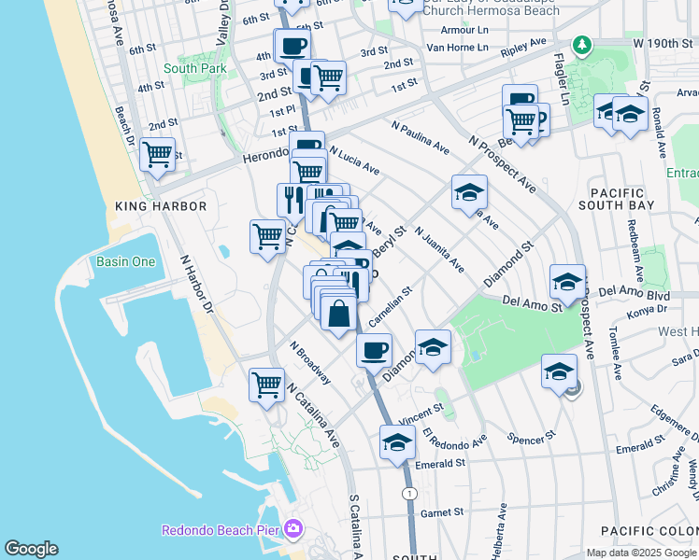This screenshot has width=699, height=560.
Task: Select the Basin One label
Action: (125, 261)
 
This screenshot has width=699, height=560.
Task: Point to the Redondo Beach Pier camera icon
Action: (294, 529)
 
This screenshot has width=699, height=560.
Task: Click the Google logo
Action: (31, 549)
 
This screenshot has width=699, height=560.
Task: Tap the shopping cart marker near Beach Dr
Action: (157, 154)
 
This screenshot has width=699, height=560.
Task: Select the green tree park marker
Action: (582, 44)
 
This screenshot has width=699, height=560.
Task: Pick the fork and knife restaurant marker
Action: (292, 199)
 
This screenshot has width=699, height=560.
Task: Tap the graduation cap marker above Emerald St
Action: (397, 441)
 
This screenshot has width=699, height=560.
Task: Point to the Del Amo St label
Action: (529, 301)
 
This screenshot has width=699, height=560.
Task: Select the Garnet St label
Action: (442, 512)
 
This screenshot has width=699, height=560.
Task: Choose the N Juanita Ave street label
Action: (439, 249)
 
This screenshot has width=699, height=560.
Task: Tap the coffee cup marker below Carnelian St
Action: (374, 350)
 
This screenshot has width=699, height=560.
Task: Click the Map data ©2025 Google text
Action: (641, 553)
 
